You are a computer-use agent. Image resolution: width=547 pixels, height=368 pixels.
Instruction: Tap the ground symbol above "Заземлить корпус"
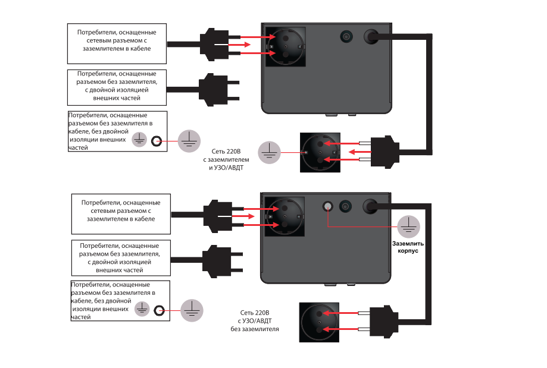407,226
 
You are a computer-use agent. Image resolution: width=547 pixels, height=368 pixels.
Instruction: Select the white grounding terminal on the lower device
327,207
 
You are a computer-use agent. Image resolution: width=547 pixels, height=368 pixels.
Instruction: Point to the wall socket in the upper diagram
320,152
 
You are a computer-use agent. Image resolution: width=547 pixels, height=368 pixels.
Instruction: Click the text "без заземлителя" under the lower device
255,329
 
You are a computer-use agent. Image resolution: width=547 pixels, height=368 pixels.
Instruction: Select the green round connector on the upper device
345,37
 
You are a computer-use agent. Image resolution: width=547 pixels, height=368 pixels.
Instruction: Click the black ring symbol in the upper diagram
157,141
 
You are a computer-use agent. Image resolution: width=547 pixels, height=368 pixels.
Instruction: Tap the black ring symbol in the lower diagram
159,310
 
